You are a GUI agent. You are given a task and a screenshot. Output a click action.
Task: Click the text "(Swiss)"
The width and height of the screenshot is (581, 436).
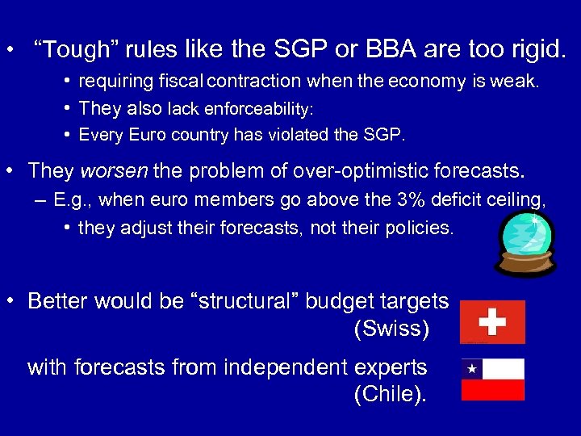(391, 329)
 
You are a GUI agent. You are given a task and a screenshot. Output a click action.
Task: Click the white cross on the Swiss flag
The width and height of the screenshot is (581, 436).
(492, 321)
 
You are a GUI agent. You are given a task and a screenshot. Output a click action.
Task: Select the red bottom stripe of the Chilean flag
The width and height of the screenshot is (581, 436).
(492, 390)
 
